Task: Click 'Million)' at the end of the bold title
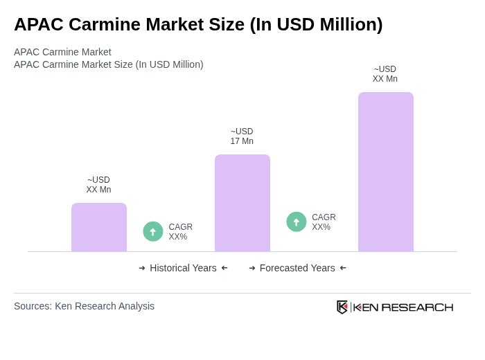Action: [349, 24]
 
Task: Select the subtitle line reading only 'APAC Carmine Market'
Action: [62, 52]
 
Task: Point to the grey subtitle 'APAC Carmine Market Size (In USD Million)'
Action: [109, 64]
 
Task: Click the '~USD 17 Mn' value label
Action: [242, 136]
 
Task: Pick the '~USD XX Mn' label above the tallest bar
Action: [385, 74]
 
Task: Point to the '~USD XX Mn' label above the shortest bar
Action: [98, 185]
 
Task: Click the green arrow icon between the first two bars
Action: [153, 231]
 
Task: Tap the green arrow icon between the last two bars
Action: [297, 222]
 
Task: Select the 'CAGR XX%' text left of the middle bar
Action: [180, 232]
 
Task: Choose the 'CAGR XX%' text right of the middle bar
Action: [324, 222]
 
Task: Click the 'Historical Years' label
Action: [183, 268]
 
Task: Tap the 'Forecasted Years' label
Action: [297, 268]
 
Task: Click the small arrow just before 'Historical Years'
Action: [142, 268]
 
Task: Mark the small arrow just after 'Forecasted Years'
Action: [343, 268]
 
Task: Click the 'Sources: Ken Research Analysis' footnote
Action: [84, 306]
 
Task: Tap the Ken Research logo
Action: [395, 307]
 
